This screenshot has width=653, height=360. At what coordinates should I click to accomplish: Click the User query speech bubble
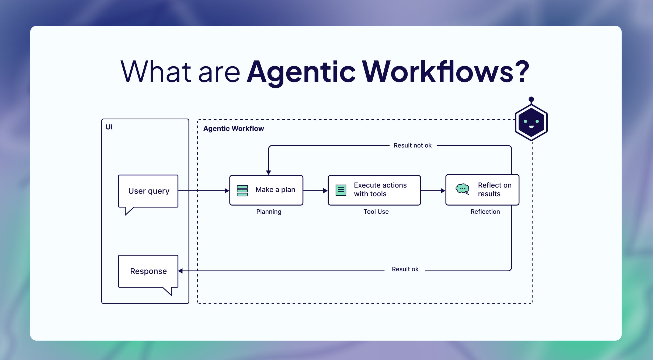tap(148, 191)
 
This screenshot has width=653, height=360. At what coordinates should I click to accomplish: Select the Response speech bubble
tap(148, 271)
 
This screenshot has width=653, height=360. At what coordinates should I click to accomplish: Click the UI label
tap(109, 127)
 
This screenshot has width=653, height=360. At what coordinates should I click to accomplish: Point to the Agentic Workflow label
tap(234, 129)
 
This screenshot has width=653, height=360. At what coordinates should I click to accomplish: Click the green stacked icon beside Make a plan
tap(242, 191)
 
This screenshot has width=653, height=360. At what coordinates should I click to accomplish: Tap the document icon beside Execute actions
tap(341, 190)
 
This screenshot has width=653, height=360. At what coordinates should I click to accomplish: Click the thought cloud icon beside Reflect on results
tap(462, 189)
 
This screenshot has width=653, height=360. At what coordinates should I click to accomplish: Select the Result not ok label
tap(412, 146)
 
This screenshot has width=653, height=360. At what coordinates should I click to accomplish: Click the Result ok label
tap(405, 269)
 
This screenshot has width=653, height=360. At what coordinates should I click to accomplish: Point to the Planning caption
tap(269, 212)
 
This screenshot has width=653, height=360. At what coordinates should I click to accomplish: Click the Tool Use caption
tap(376, 212)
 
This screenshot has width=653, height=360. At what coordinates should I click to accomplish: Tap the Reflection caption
tap(485, 212)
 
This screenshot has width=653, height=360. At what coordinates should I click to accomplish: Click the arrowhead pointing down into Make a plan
tap(269, 172)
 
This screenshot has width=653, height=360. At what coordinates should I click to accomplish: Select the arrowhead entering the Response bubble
tap(181, 271)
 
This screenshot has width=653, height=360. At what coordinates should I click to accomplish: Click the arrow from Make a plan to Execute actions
tap(315, 191)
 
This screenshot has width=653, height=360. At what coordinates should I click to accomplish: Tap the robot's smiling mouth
tap(531, 127)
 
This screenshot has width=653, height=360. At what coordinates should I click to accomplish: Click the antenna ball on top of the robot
tap(531, 99)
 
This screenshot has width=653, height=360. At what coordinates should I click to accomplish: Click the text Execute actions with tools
tap(380, 189)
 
